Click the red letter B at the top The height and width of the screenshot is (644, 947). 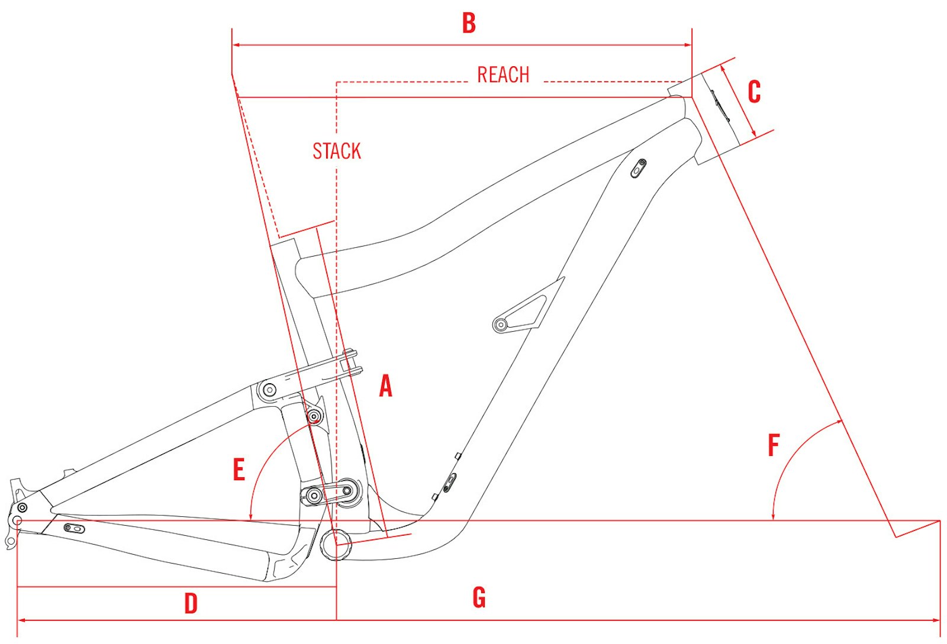point(469,23)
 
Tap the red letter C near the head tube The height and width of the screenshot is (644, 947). point(754,92)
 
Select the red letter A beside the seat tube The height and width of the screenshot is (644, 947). point(385,386)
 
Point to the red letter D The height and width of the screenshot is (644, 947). point(191,604)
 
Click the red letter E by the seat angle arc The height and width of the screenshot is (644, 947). point(239,470)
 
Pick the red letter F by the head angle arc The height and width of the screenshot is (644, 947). point(774,446)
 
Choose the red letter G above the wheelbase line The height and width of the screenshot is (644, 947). point(479,597)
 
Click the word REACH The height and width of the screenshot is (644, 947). point(503,75)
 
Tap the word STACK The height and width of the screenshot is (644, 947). point(336,151)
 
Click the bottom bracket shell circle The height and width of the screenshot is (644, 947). point(336,545)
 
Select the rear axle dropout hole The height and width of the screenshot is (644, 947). point(17,521)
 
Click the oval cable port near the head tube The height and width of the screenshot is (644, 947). point(639,168)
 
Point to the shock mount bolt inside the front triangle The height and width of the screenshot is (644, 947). point(501,324)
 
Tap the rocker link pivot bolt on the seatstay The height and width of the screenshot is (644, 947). point(269,390)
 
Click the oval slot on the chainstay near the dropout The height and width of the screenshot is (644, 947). point(75,528)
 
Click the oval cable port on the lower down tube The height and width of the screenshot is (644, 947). point(450,482)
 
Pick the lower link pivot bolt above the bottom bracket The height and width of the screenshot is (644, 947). point(314,495)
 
